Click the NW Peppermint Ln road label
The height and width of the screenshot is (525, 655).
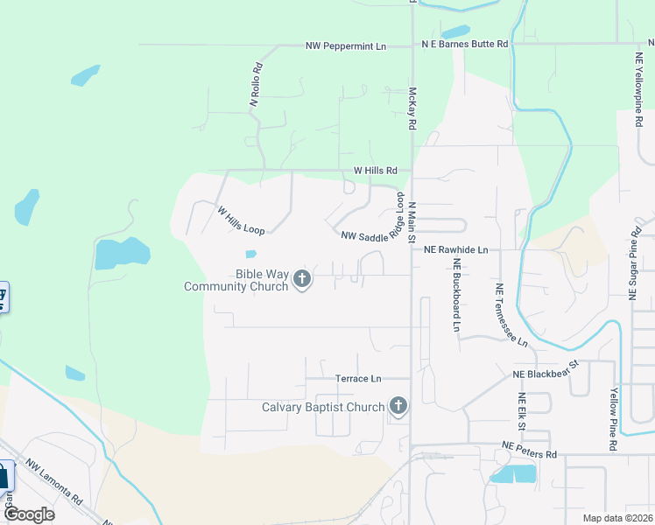tap(346, 45)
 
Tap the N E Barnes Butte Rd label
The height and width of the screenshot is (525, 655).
tap(464, 44)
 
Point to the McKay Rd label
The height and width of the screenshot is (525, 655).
tap(412, 108)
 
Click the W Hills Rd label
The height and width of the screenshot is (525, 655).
tap(376, 171)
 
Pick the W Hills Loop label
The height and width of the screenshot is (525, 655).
tap(241, 218)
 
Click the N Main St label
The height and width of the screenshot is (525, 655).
tap(410, 224)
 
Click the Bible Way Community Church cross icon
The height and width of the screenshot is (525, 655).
tap(302, 280)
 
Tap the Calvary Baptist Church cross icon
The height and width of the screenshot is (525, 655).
tap(398, 407)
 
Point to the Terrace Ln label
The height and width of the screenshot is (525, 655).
tap(359, 379)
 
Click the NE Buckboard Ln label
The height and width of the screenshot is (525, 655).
tap(456, 299)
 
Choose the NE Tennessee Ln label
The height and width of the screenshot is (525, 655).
tap(511, 315)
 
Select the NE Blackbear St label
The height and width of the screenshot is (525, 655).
tap(546, 369)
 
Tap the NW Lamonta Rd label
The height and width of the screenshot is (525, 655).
tap(54, 483)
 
